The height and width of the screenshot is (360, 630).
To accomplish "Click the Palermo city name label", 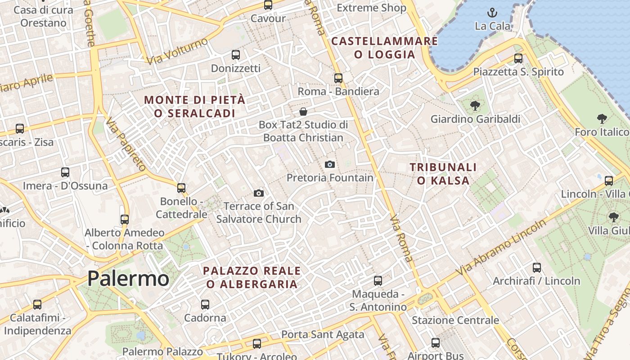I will coord(128,279).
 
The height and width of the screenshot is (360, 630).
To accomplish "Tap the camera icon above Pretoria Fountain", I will coord(330,164).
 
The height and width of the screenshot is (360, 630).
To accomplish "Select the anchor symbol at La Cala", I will coord(493,13).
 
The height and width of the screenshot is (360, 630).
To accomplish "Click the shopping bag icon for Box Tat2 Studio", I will coord(303,111).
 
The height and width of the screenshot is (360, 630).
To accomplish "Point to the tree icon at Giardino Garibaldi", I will coord(475,106).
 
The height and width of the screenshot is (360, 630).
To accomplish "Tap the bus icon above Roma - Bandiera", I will coord(338,78).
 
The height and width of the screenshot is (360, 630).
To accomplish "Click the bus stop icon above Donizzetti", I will coord(236,55).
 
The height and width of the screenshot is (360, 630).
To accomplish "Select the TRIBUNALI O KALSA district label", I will coord(443,174).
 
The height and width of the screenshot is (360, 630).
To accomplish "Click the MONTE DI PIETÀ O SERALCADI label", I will coord(195,106).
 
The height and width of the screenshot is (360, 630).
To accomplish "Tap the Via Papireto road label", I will coord(126,144).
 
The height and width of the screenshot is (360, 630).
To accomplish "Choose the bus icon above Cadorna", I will coord(205,304).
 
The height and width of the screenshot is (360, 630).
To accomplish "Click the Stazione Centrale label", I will coord(455,320).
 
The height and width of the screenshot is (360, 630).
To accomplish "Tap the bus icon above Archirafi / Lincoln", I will coord(536,268).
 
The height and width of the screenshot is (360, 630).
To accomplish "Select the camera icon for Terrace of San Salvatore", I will coord(258,193).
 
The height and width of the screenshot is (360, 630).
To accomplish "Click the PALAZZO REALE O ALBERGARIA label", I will coord(252,277).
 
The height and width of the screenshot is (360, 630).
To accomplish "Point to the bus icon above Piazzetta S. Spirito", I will coord(518,58).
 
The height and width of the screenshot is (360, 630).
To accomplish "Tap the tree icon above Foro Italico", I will coord(602,119).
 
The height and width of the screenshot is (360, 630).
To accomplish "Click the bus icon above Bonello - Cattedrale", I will coord(181,188).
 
